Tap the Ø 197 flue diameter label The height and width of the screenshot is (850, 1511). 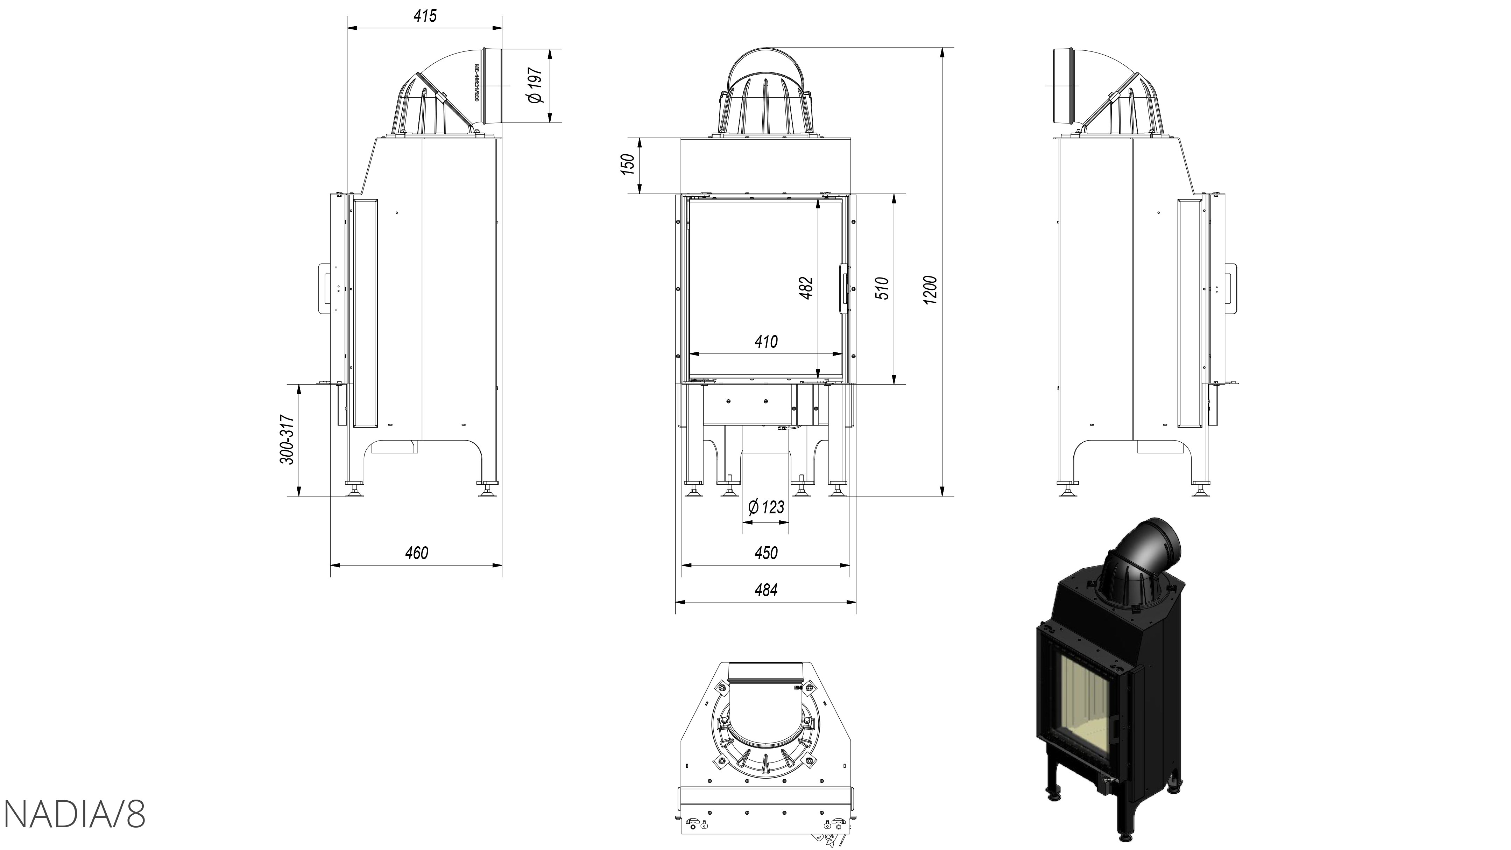[535, 86]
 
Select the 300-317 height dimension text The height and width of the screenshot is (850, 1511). [287, 440]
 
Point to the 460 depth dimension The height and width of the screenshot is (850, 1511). [416, 553]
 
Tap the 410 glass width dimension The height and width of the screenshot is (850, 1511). [766, 342]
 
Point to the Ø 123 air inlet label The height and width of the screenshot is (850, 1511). [766, 507]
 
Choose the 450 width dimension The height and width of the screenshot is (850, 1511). [766, 553]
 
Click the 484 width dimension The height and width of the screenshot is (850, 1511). [766, 590]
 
